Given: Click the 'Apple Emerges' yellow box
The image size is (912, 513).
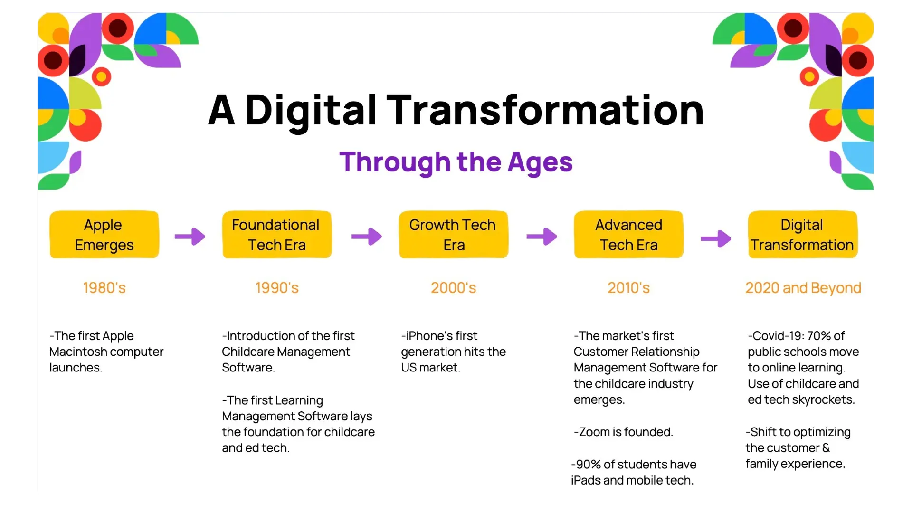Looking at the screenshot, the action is [x=104, y=235].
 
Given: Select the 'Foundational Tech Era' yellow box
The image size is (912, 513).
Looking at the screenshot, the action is [x=277, y=235].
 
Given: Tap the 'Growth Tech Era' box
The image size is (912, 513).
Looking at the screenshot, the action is [x=454, y=235].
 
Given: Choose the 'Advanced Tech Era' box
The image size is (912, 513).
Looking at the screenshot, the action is [x=628, y=235].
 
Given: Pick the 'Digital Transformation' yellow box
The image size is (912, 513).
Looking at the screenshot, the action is [x=803, y=235].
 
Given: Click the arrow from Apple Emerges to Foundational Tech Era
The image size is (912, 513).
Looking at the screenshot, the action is [x=190, y=237].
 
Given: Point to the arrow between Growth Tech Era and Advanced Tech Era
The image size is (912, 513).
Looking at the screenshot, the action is [x=541, y=237].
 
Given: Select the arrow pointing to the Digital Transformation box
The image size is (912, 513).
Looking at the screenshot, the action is [x=716, y=238].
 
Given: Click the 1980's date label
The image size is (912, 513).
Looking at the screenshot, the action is [x=104, y=288].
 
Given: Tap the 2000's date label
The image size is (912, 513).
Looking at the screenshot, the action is [x=454, y=288].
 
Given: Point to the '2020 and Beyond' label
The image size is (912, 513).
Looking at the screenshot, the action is [x=803, y=288].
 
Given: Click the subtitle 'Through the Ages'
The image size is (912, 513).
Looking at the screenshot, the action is [x=456, y=162].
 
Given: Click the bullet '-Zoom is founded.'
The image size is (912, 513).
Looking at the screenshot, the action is [x=623, y=432].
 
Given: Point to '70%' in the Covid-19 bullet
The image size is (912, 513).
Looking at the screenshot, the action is [x=819, y=336].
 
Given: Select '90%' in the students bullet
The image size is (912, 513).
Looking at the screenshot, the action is [x=588, y=465].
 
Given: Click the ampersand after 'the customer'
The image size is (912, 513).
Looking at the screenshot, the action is [x=826, y=448].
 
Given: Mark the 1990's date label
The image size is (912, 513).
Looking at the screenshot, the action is [x=277, y=288].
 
